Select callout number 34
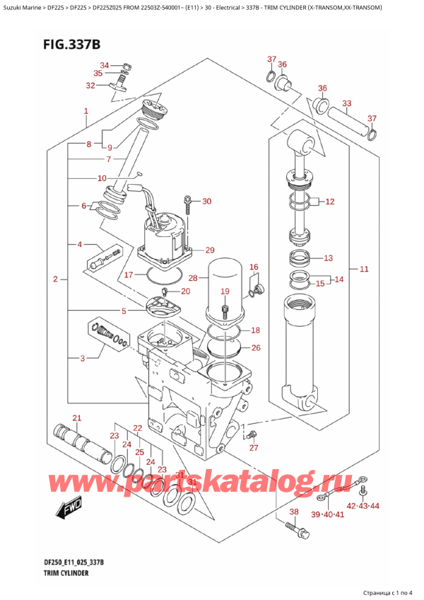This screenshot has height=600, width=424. (105, 65)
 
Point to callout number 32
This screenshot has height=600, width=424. (90, 86)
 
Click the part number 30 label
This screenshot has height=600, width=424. (206, 202)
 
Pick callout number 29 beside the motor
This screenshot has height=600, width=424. (209, 250)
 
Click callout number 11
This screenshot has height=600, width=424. (364, 269)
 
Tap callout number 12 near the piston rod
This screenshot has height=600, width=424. (329, 202)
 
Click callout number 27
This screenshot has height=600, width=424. (254, 447)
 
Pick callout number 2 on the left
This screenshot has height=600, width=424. (55, 280)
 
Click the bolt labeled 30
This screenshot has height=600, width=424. (187, 205)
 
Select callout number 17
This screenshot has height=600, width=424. (129, 275)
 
